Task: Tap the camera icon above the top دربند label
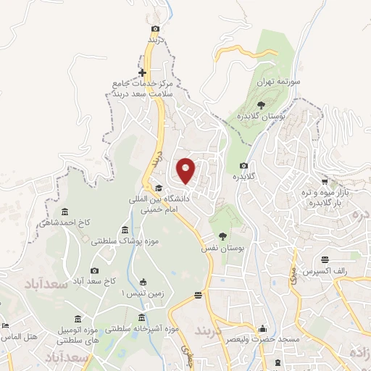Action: [154, 28]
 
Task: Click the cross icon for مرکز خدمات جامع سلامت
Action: [143, 72]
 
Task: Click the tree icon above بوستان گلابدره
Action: [261, 105]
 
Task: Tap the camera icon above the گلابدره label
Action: [243, 166]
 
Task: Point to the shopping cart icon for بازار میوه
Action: [325, 181]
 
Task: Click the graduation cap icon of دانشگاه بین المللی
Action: [159, 188]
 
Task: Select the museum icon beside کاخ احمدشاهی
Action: [66, 212]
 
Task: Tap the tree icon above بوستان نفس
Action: [223, 236]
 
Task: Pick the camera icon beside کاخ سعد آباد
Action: [94, 270]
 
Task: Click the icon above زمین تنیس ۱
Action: [143, 282]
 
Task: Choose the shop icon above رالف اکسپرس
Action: [325, 259]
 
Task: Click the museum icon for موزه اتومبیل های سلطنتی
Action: [78, 320]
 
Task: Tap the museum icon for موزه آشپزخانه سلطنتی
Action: [142, 319]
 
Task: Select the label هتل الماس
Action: [19, 338]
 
